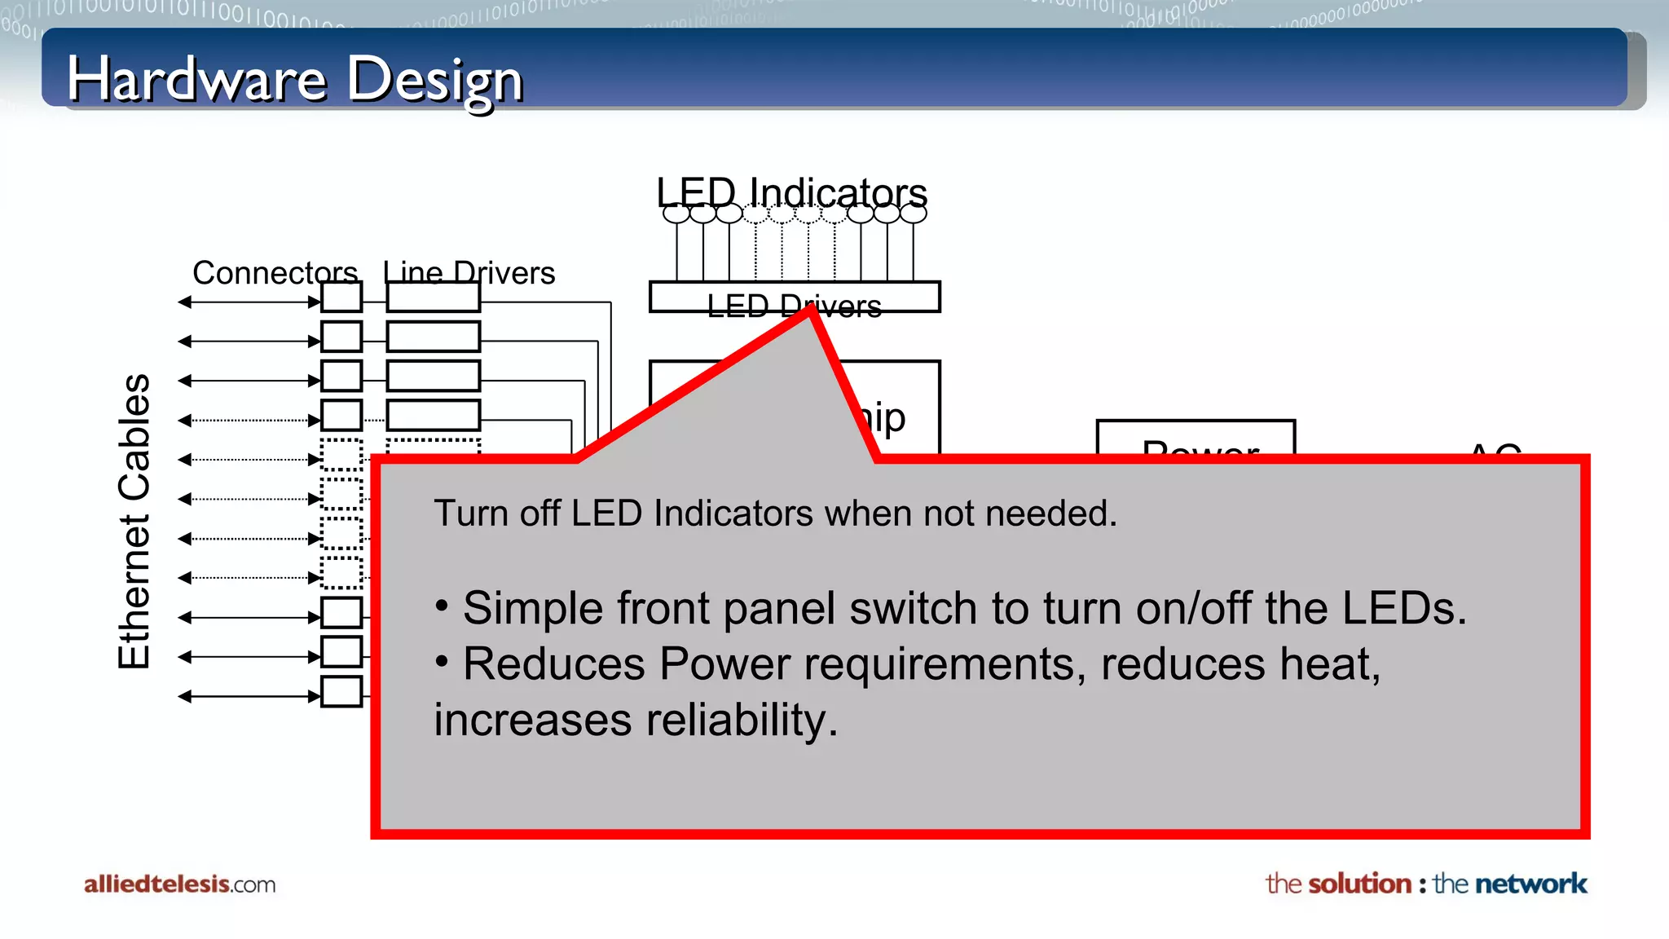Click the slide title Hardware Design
point(294,80)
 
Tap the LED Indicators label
point(791,192)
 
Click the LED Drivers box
point(795,298)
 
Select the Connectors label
point(275,272)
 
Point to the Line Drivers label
point(469,272)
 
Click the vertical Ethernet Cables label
point(134,522)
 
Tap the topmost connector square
point(341,298)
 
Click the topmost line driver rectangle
point(433,298)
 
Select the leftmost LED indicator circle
point(676,214)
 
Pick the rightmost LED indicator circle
point(913,214)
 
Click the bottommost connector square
point(341,691)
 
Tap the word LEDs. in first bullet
point(1403,609)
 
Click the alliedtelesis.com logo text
point(179,884)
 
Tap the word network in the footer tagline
point(1530,884)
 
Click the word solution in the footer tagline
point(1359,884)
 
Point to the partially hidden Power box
point(1196,439)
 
